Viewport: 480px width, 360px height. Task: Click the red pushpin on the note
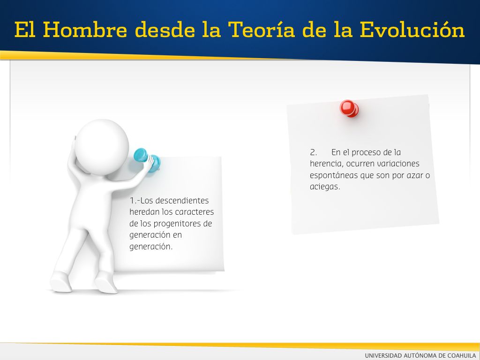pyautogui.click(x=349, y=108)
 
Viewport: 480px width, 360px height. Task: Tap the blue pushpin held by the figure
pyautogui.click(x=147, y=160)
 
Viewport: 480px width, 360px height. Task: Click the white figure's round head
pyautogui.click(x=102, y=147)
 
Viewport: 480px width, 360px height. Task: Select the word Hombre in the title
pyautogui.click(x=85, y=30)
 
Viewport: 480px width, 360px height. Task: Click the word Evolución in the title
pyautogui.click(x=412, y=30)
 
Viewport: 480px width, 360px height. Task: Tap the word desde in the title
pyautogui.click(x=165, y=30)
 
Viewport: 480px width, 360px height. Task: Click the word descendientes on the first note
pyautogui.click(x=182, y=201)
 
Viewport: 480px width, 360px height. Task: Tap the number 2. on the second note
pyautogui.click(x=313, y=152)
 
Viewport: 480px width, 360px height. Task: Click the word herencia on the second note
pyautogui.click(x=326, y=164)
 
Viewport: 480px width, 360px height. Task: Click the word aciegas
pyautogui.click(x=325, y=187)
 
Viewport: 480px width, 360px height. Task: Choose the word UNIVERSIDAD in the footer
pyautogui.click(x=383, y=355)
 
